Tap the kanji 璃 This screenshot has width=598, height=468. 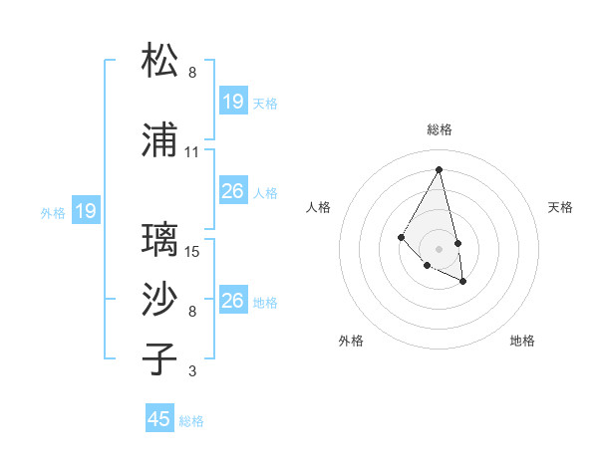pos(161,240)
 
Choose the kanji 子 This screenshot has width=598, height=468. pos(161,358)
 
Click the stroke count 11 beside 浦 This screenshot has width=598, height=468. pos(191,152)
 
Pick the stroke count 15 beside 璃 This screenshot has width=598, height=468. pos(193,252)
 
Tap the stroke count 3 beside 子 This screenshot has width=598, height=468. pos(192,371)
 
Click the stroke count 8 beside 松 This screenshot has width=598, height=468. pos(192,73)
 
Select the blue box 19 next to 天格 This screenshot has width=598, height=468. pos(232,101)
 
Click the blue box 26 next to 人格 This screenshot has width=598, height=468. pos(232,191)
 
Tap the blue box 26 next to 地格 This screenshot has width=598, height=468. pos(232,301)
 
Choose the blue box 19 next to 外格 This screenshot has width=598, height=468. pos(85,211)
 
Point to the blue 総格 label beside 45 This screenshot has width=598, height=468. pos(191,421)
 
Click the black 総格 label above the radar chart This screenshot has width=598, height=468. pos(440,129)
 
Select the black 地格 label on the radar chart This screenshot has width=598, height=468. pos(522,341)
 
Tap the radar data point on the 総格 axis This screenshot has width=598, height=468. pos(440,169)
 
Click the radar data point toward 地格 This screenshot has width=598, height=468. pos(463,282)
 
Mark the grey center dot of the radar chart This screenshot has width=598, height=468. pos(440,248)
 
